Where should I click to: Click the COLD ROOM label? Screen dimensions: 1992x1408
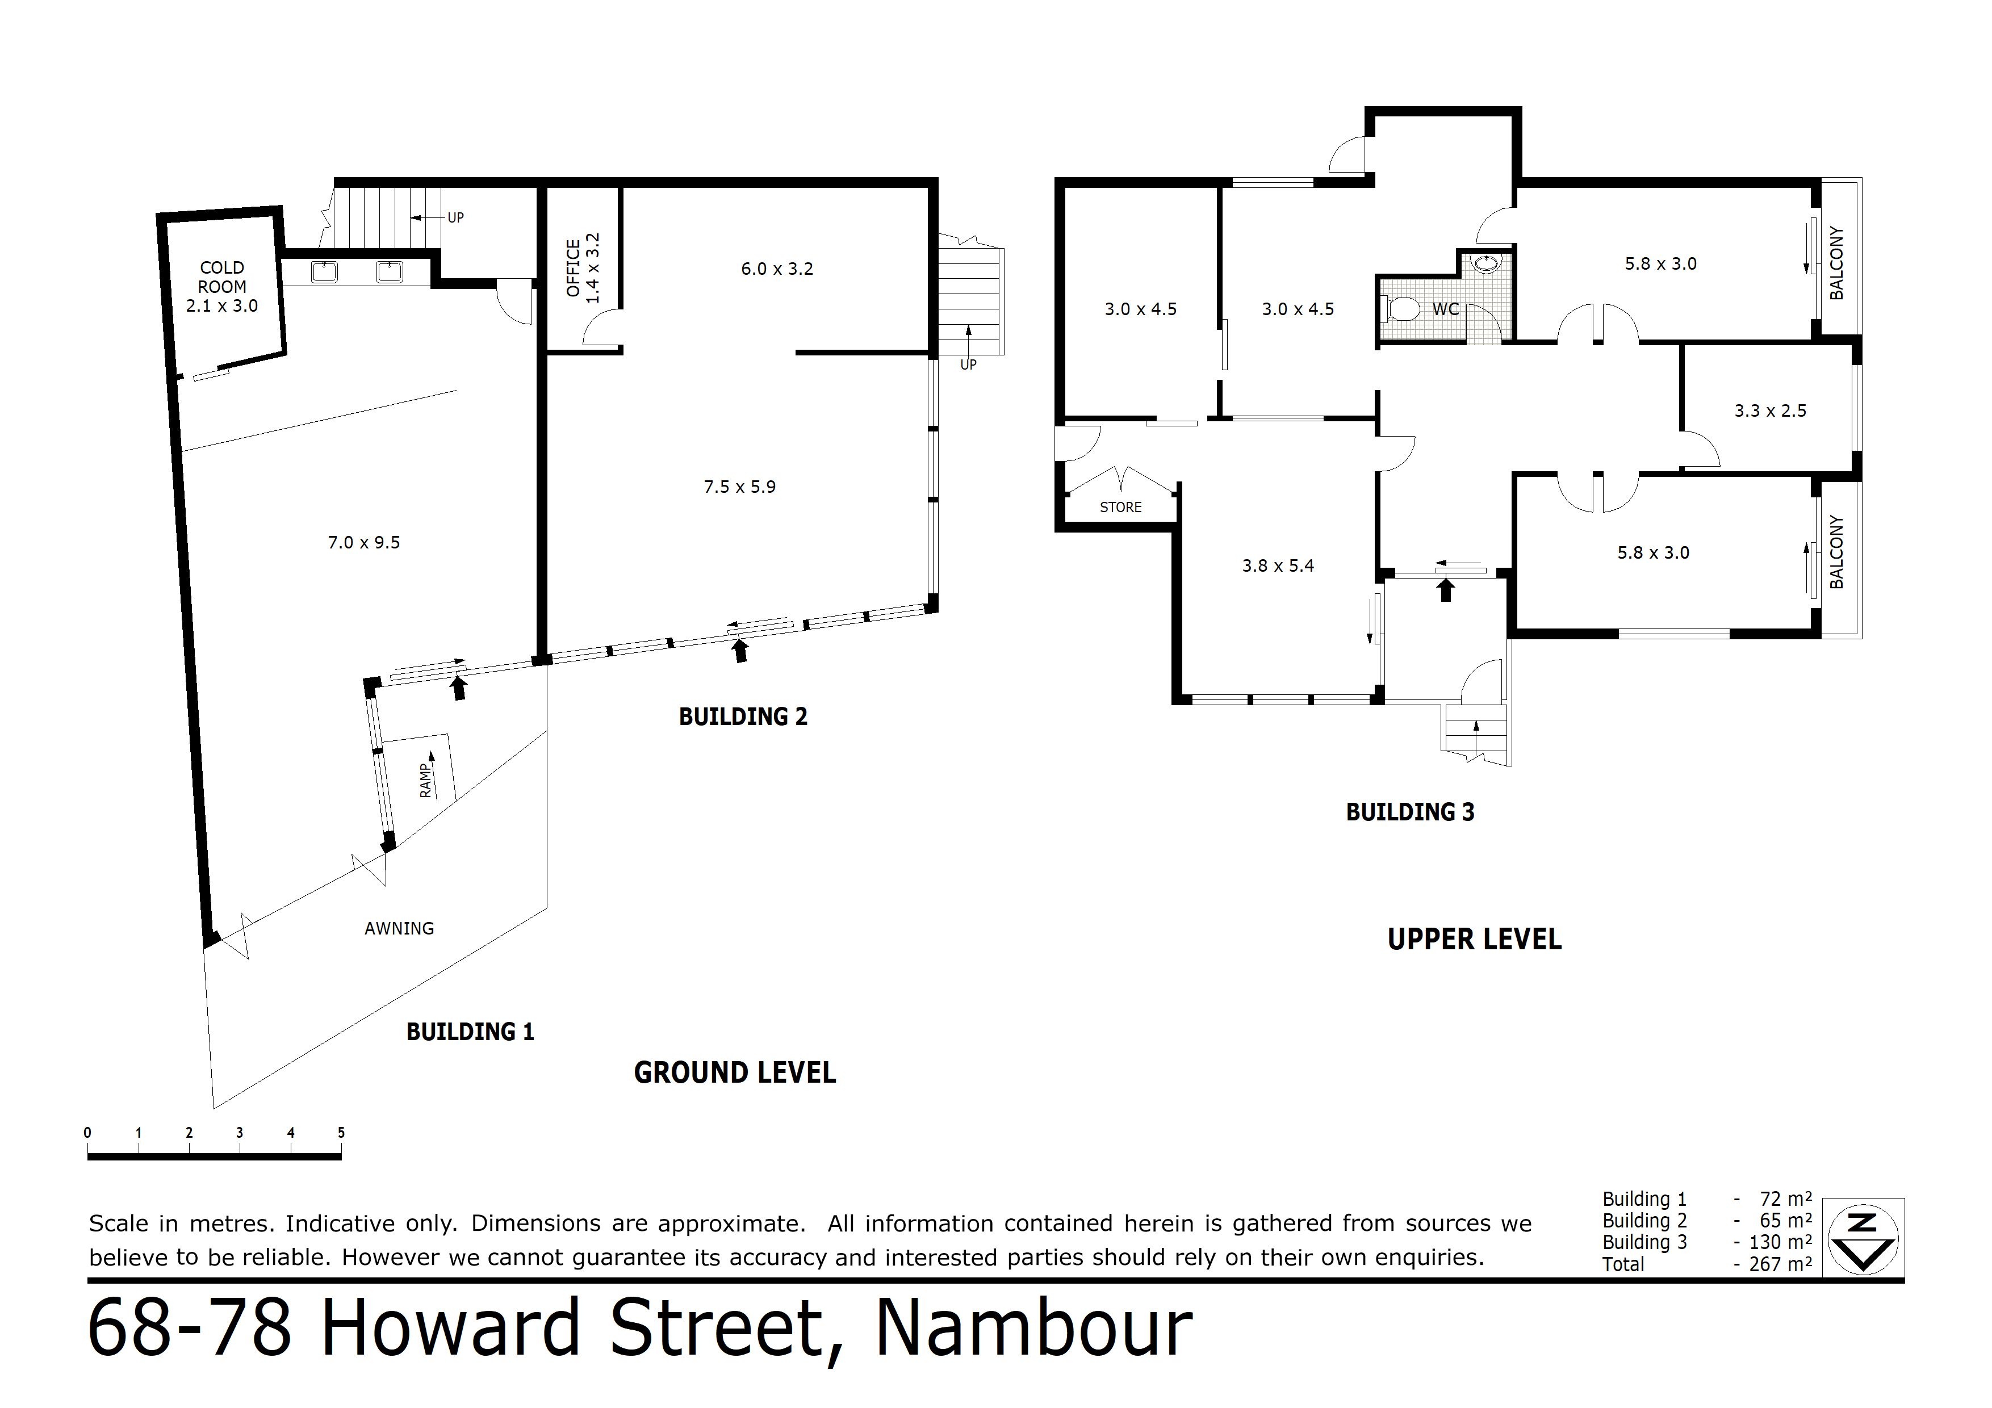click(222, 278)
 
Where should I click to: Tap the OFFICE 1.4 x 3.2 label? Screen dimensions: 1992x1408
click(583, 268)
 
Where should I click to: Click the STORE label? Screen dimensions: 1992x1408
click(1121, 508)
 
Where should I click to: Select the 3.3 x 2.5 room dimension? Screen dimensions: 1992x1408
click(1770, 411)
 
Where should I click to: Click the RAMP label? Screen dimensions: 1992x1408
click(425, 781)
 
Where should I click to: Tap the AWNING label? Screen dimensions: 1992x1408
click(399, 928)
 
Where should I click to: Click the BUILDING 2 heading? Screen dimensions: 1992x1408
click(743, 716)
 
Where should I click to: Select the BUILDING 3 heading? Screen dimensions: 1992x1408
click(1410, 812)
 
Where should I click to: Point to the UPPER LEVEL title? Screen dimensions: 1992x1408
click(1475, 940)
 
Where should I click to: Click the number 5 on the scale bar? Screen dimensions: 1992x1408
click(341, 1132)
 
